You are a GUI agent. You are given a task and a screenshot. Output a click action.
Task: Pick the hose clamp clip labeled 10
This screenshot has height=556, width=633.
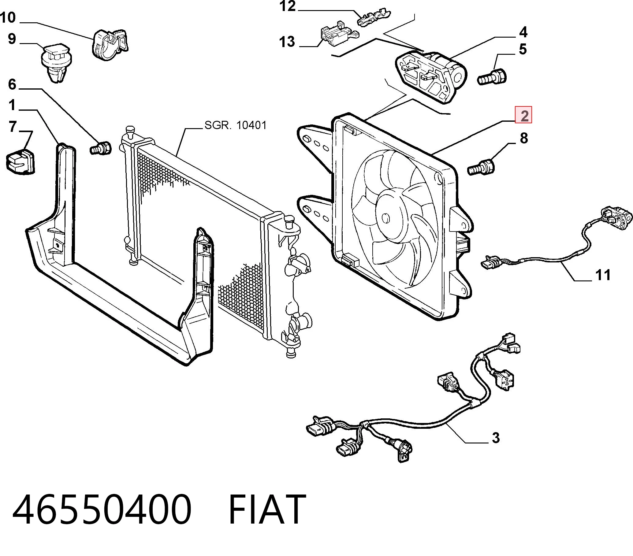[x=110, y=45]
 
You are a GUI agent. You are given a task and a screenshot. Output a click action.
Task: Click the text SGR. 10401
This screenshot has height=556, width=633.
[x=235, y=125]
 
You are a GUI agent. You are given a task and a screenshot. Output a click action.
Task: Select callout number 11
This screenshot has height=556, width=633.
[x=602, y=275]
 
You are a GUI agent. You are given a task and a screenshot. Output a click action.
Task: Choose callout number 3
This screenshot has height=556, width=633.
[x=496, y=438]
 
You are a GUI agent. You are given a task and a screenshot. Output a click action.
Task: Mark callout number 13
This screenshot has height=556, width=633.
[x=287, y=42]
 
